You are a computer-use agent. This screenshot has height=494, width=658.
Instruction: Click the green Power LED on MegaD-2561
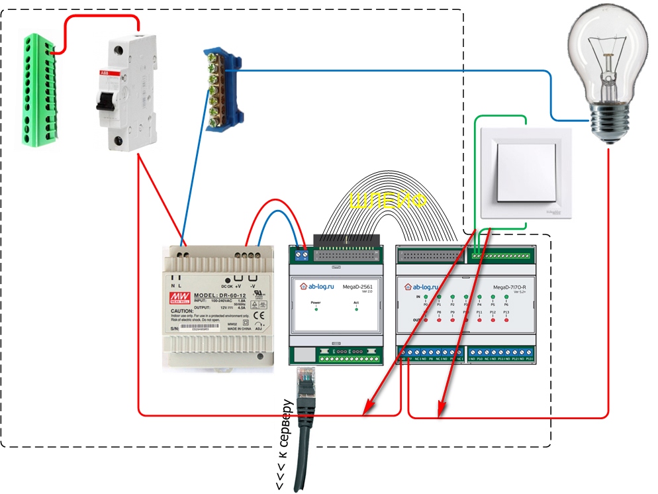316,309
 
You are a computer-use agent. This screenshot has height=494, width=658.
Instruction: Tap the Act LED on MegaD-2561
356,309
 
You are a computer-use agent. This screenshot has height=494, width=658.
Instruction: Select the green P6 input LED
506,297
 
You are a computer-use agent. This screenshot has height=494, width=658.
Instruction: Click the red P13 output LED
506,320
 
